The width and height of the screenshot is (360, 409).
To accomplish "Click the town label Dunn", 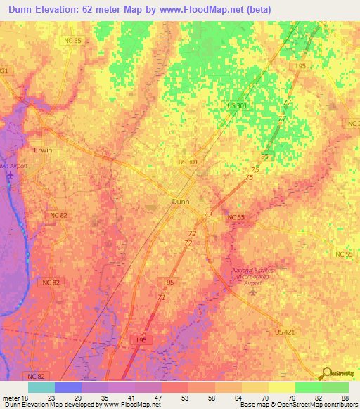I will point(181,201).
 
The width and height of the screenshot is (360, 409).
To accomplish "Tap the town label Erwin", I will point(43,150).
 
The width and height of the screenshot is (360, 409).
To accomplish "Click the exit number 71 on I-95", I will point(161,298).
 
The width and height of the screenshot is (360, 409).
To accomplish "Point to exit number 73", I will point(207,214).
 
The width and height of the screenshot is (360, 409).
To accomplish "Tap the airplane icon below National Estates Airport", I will point(254,291).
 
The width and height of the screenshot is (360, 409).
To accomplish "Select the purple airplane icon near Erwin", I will point(10,175).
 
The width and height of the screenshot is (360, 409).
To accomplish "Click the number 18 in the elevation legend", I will point(25,398).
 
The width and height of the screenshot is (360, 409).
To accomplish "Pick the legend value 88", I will point(345,398).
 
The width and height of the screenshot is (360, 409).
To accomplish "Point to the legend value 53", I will point(184,398).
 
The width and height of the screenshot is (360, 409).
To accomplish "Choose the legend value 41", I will point(131,398).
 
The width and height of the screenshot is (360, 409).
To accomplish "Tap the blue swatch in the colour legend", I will point(67,387).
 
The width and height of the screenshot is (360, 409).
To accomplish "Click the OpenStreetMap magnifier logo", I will point(326,374).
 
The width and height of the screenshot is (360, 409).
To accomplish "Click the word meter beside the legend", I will point(11,398).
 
